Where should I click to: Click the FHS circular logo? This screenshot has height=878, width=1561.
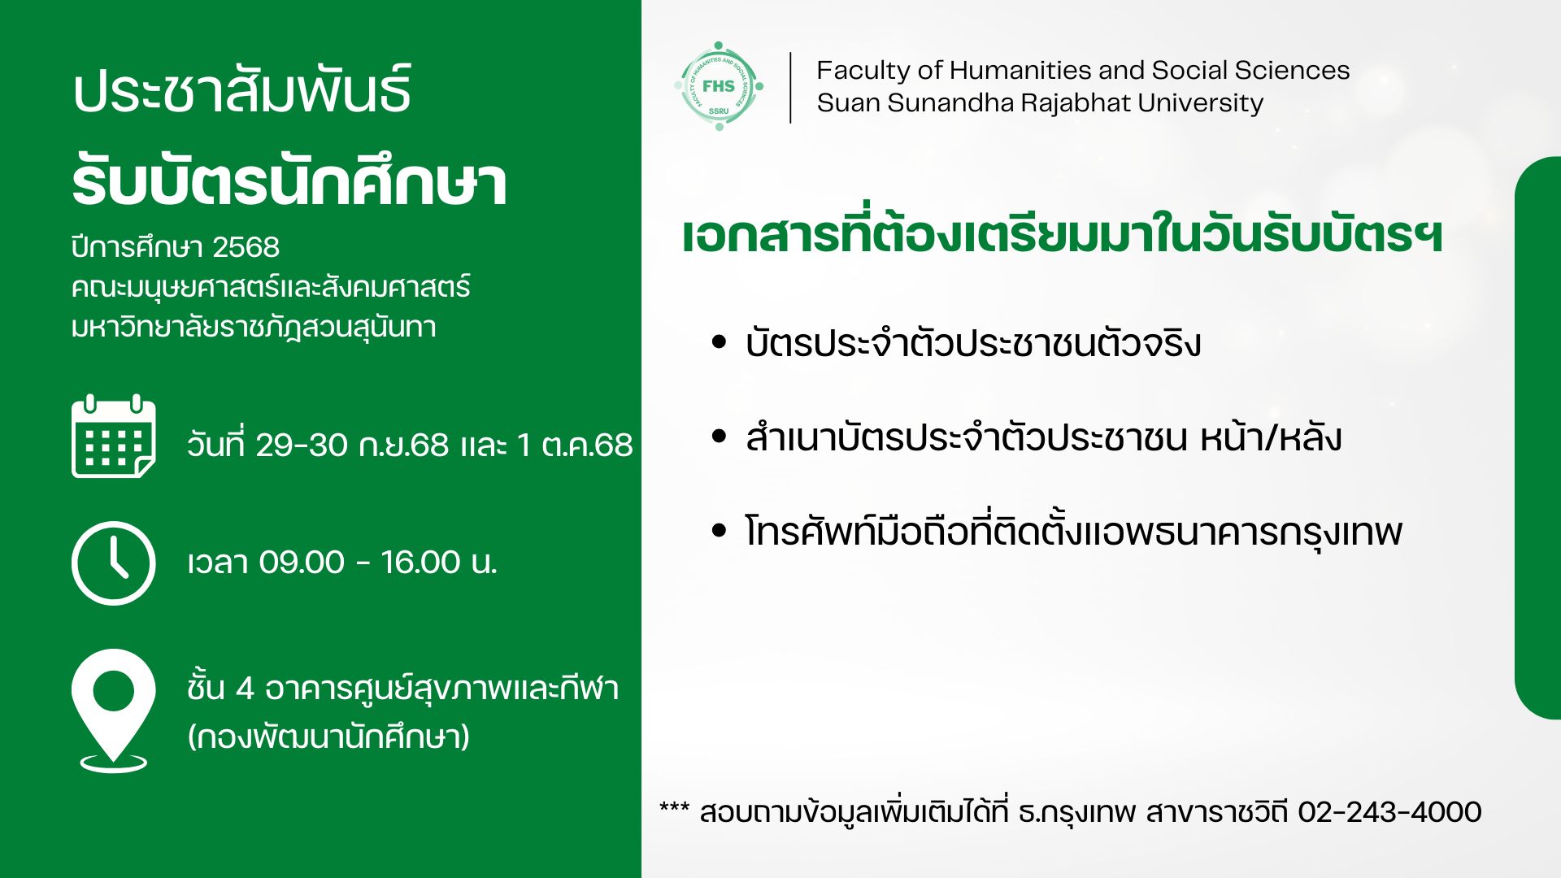pyautogui.click(x=719, y=86)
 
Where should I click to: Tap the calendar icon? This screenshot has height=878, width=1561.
pyautogui.click(x=114, y=437)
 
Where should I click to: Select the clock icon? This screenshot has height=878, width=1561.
pyautogui.click(x=114, y=563)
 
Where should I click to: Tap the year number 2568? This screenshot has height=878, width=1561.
pyautogui.click(x=246, y=247)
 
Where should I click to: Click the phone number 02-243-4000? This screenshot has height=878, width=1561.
pyautogui.click(x=1389, y=812)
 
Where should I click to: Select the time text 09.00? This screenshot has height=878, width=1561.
pyautogui.click(x=302, y=562)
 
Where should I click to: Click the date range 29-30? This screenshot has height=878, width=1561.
pyautogui.click(x=302, y=445)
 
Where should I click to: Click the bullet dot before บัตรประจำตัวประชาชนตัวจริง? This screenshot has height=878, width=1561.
pyautogui.click(x=719, y=342)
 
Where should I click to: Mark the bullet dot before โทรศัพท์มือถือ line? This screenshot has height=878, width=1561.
pyautogui.click(x=719, y=531)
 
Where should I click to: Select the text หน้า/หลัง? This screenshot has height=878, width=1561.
pyautogui.click(x=1271, y=437)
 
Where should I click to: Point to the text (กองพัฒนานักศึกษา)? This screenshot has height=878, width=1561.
pyautogui.click(x=328, y=737)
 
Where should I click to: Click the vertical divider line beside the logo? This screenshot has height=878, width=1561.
pyautogui.click(x=790, y=88)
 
